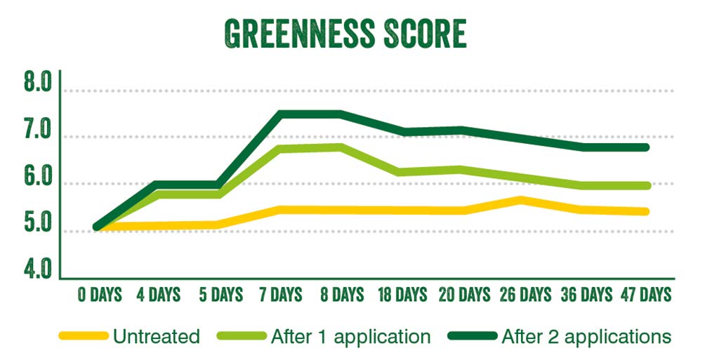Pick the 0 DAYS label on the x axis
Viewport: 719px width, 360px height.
[x=100, y=293]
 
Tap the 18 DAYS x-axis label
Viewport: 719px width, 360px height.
[x=402, y=293]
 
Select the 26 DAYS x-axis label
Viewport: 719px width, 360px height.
[x=525, y=293]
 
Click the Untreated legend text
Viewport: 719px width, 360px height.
[x=156, y=337]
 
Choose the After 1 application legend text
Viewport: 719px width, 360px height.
[x=350, y=337]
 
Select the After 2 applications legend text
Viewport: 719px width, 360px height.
[x=586, y=337]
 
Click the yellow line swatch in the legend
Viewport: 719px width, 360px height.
[x=84, y=337]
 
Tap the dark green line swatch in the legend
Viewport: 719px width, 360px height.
[x=473, y=337]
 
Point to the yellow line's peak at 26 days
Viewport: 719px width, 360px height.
[x=521, y=200]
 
